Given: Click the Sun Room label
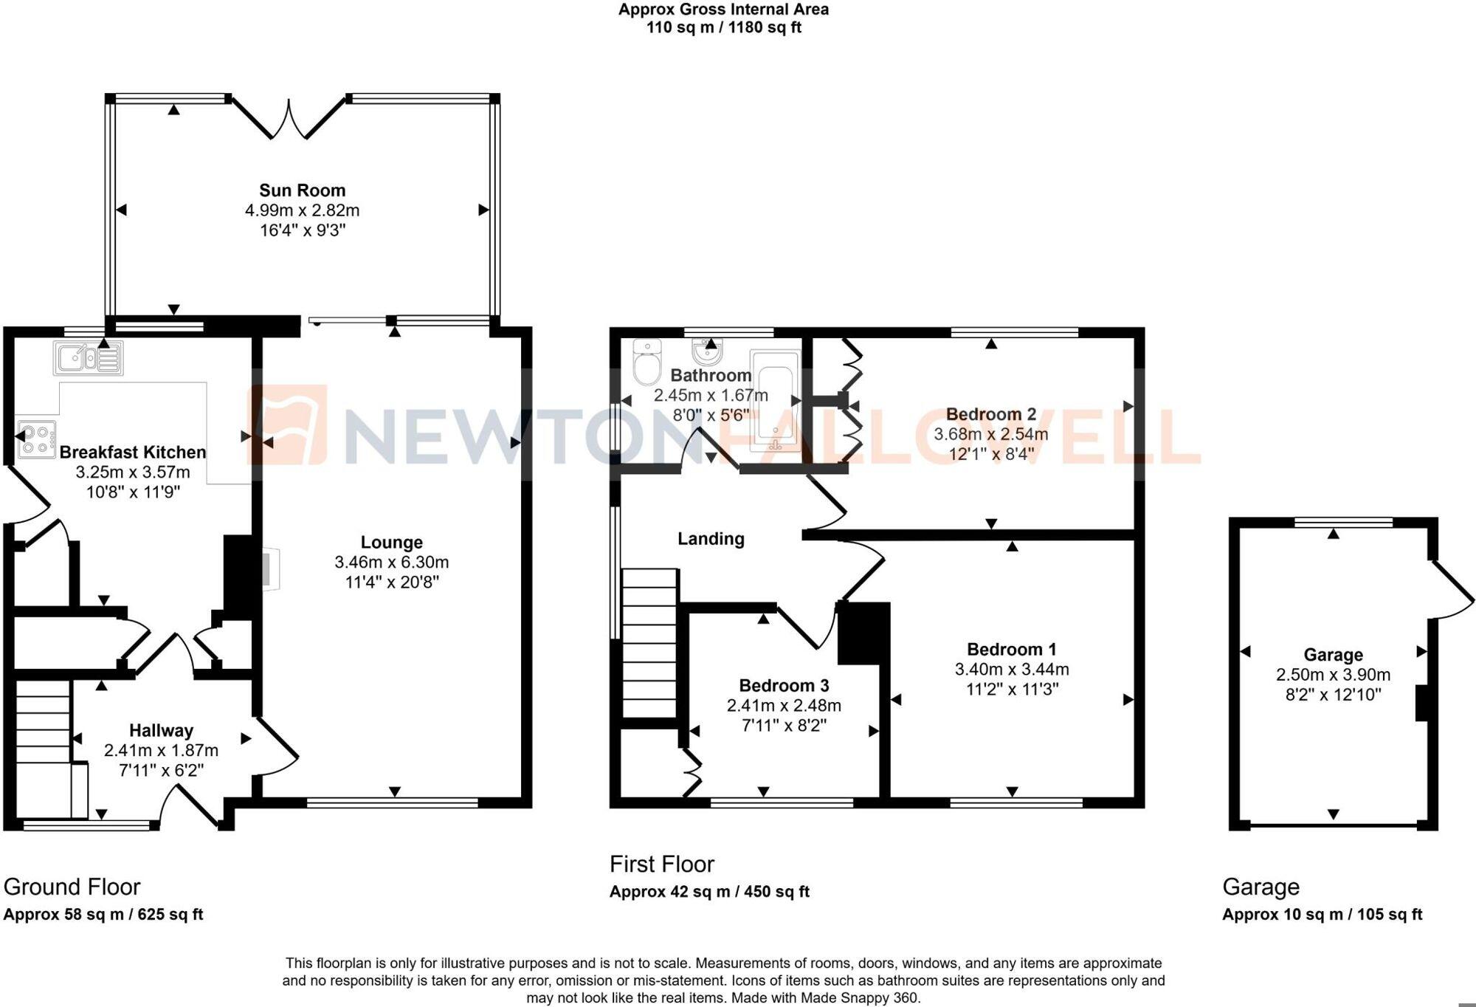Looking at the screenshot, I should (x=302, y=190).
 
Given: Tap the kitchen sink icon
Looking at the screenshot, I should (x=88, y=358).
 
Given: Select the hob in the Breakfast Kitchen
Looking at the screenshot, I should (x=37, y=439).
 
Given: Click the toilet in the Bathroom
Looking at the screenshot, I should (x=647, y=362).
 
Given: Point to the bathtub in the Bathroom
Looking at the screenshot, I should (x=775, y=401).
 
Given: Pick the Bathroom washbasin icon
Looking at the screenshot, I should (x=707, y=353).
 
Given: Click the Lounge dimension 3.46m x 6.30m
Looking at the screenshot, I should (x=391, y=562).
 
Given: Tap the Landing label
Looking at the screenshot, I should (x=711, y=539).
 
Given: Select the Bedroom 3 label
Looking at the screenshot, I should (x=784, y=686).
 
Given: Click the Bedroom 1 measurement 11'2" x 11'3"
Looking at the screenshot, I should (x=1012, y=690).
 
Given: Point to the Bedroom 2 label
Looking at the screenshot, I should (x=990, y=414).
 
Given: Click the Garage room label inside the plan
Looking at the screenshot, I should (x=1333, y=655).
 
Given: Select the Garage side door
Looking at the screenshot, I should (x=1450, y=590).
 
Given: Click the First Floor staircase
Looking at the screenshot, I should (x=649, y=642).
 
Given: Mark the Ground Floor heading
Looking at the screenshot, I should (x=72, y=887).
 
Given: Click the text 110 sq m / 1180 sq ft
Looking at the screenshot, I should (x=723, y=28).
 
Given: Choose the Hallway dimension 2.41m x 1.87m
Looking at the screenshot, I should (x=161, y=751).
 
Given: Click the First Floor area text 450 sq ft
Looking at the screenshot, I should (x=776, y=892).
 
